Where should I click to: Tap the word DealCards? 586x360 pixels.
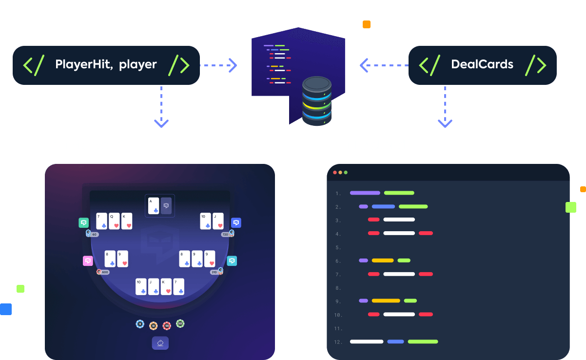tap(482, 64)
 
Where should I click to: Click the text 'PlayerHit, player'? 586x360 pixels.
tap(106, 64)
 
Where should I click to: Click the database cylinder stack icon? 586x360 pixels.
tap(316, 100)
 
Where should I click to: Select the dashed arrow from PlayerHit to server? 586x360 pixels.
tap(218, 65)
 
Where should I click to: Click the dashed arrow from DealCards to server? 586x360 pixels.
tap(384, 65)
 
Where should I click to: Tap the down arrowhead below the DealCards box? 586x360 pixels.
tap(445, 122)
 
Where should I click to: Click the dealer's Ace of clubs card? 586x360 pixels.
tap(154, 206)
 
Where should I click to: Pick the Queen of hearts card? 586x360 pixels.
tap(115, 221)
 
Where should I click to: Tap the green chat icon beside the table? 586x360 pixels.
tap(83, 223)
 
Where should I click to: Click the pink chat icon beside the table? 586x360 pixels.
tap(88, 260)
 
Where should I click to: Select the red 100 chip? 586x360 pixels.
tap(167, 325)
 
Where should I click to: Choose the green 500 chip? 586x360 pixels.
tap(180, 323)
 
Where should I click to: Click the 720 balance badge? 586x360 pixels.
tap(225, 235)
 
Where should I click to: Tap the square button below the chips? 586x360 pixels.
tap(160, 343)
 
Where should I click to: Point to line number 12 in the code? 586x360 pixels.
tap(338, 341)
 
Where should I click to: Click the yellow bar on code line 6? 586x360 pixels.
tap(382, 260)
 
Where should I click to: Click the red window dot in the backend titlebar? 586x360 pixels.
tap(335, 173)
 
